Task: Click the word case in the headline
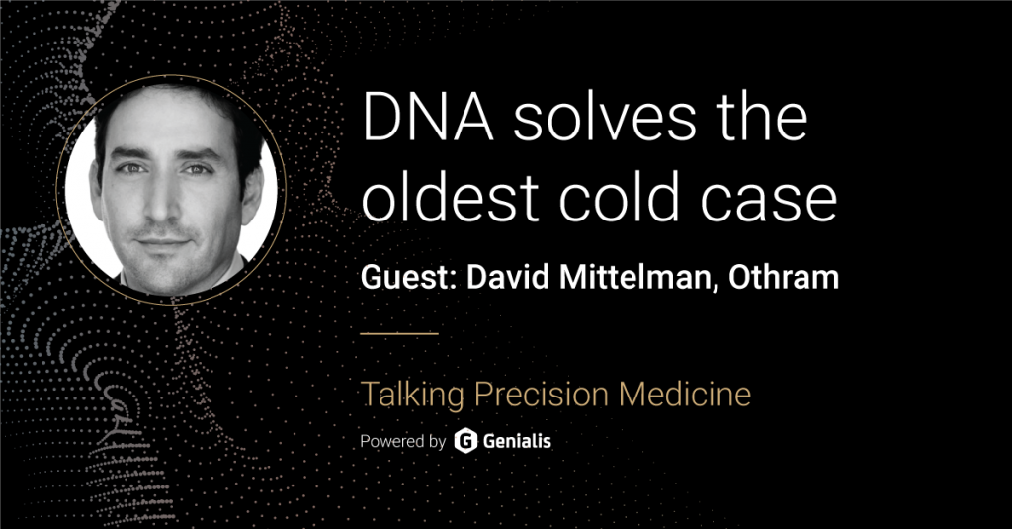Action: [x=769, y=202]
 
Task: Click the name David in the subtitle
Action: [x=507, y=277]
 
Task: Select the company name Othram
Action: [x=784, y=277]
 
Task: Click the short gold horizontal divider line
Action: [x=399, y=334]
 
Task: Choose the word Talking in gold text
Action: [x=412, y=395]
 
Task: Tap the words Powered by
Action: [x=403, y=442]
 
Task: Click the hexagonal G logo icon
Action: [x=465, y=441]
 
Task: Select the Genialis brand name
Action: [x=517, y=441]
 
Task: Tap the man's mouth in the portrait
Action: [x=163, y=243]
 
